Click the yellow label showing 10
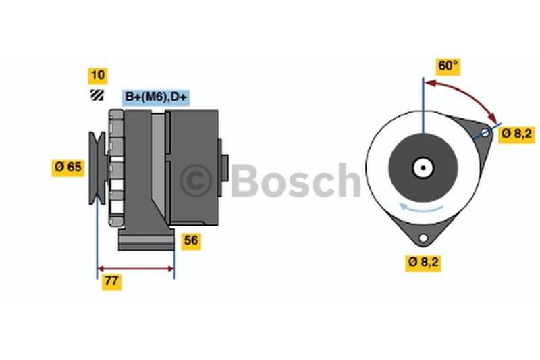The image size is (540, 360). [98, 76]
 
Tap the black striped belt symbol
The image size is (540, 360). [97, 95]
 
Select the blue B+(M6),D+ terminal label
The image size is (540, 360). [156, 97]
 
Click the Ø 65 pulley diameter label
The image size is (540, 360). [68, 168]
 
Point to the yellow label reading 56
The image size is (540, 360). [191, 241]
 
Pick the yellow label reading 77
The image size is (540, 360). [111, 281]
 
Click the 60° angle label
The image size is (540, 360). [448, 66]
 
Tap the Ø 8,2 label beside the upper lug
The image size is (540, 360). [517, 134]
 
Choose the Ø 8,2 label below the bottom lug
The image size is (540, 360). [423, 263]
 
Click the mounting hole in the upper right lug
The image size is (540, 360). [485, 132]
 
